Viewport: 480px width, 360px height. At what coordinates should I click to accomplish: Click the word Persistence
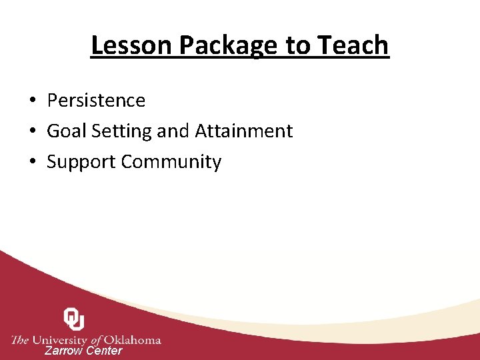point(96,101)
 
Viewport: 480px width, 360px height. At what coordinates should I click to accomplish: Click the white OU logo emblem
point(73,319)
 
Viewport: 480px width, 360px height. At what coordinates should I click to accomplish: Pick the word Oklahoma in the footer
point(132,340)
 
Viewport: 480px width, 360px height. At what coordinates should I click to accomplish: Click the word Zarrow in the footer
point(63,351)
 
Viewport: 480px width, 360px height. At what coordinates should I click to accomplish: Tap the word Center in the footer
point(104,351)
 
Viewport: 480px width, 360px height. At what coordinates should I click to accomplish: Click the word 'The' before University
point(20,340)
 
